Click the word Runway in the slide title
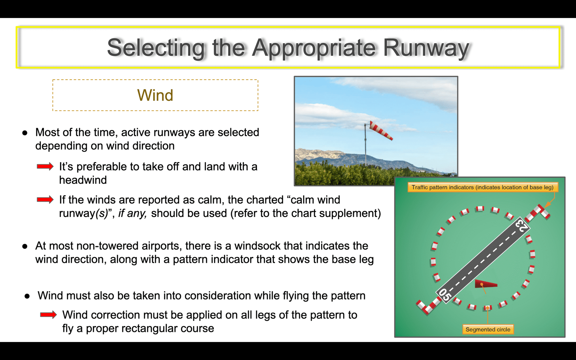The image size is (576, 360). [426, 48]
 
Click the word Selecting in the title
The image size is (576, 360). [156, 48]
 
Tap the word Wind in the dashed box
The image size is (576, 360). [155, 95]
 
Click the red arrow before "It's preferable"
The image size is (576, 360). [45, 166]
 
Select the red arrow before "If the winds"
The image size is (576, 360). [45, 199]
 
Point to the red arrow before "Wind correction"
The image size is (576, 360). [49, 315]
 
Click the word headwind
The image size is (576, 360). [83, 180]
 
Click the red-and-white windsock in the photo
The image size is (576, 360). [381, 130]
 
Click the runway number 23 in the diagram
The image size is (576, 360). [522, 226]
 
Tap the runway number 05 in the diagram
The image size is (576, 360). [445, 295]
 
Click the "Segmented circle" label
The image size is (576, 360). [488, 329]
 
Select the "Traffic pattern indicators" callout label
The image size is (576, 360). [482, 187]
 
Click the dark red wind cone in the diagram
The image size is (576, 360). [486, 284]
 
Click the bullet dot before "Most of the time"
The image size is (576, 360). [25, 133]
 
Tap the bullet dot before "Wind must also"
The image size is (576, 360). [27, 296]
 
